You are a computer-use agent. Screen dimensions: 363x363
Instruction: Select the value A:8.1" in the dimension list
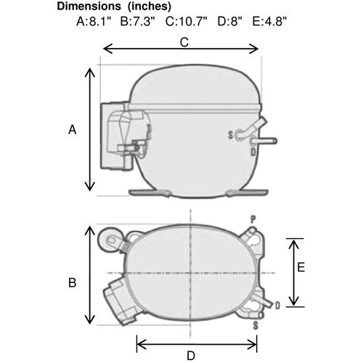pos(94,21)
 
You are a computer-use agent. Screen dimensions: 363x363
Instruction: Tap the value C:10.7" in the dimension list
pos(187,21)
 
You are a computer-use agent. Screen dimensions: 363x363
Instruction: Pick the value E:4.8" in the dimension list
pos(269,21)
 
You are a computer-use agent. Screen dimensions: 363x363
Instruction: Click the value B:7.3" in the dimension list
pos(137,21)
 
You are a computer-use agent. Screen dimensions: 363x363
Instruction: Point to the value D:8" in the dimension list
pos(229,21)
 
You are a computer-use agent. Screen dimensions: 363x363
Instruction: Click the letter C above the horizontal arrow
pos(184,42)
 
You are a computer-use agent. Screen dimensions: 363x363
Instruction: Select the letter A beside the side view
pos(73,130)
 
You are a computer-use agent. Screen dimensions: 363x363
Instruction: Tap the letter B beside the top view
pos(73,282)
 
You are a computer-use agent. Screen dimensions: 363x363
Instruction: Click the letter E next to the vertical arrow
pos(301,268)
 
